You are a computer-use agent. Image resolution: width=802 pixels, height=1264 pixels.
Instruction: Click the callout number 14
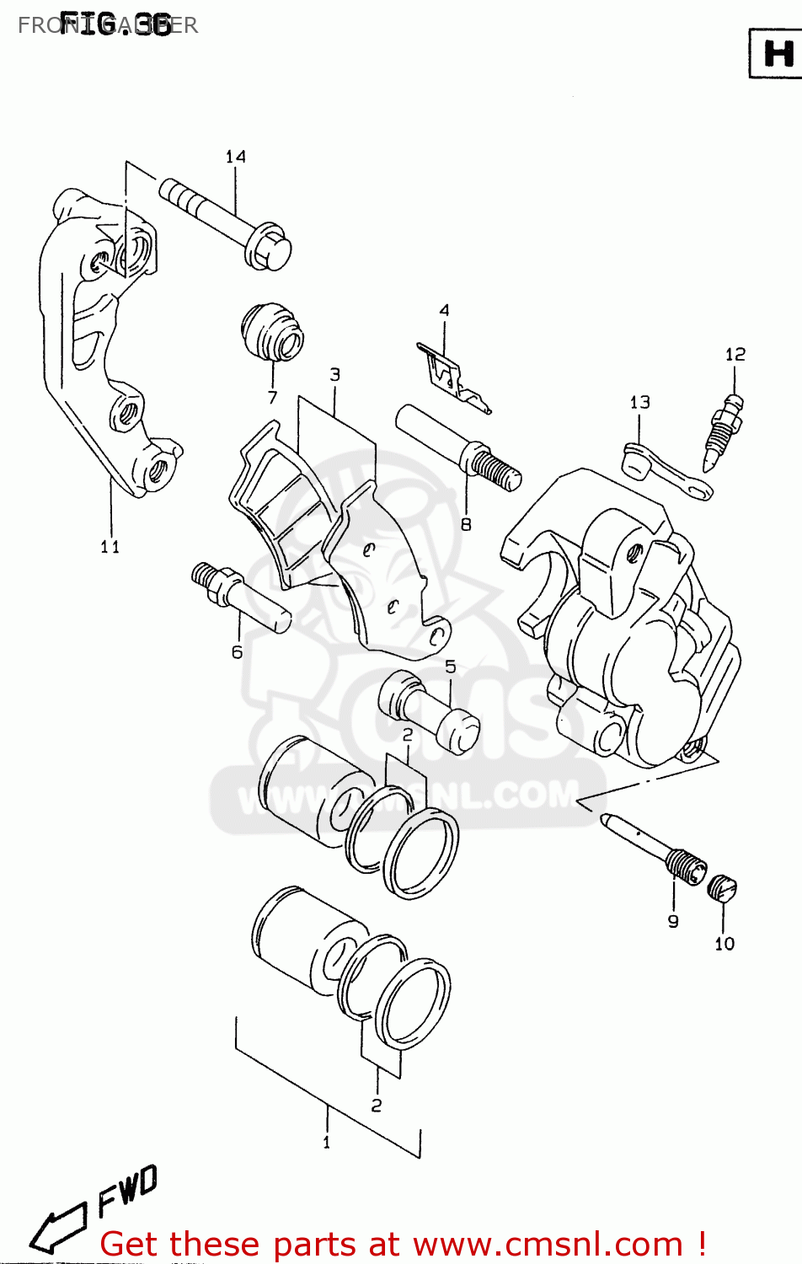click(235, 157)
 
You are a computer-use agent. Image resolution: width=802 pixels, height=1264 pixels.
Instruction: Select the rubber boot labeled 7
click(272, 334)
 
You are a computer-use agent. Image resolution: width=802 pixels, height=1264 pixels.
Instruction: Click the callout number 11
click(110, 547)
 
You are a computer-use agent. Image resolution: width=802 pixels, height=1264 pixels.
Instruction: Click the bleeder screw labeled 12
click(724, 430)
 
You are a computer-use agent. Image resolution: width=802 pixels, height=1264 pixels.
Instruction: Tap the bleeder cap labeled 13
click(666, 471)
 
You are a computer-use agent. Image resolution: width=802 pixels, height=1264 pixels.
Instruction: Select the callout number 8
click(466, 524)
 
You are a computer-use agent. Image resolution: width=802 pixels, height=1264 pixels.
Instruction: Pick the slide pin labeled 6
click(240, 596)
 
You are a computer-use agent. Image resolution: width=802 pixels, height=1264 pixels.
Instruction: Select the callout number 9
click(673, 921)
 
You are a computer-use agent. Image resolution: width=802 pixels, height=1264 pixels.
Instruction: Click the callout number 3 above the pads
click(334, 374)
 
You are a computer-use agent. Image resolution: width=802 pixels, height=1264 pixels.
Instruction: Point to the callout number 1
click(327, 1143)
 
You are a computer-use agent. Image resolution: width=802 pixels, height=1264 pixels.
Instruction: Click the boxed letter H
click(776, 54)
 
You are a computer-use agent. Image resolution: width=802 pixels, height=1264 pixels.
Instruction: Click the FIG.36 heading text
click(115, 24)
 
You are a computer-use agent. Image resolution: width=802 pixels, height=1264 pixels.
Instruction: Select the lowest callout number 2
click(377, 1105)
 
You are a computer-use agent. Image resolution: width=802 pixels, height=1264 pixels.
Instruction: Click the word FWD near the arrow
click(126, 1190)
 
